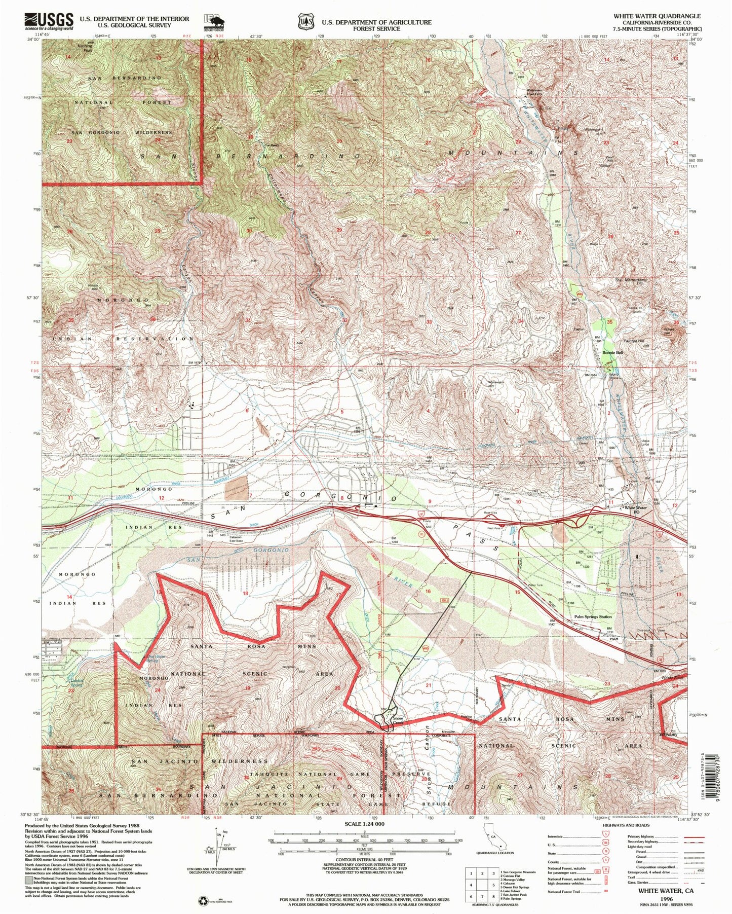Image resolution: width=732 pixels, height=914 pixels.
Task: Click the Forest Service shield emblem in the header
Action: click(x=303, y=22)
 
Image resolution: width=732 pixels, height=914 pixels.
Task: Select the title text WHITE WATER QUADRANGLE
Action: click(x=657, y=16)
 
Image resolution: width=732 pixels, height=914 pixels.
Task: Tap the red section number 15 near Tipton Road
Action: click(x=517, y=592)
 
